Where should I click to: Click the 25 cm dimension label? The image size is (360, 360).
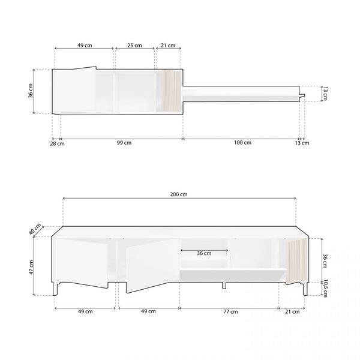pos(134,45)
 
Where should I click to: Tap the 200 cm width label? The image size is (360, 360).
pos(179,194)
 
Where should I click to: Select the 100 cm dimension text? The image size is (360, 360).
pos(242,142)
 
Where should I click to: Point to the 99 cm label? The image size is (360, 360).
pos(124,143)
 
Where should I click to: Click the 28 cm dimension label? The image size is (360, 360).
pos(58,144)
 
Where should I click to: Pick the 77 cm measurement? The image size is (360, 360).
pos(230,311)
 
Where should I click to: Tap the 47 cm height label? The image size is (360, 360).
pos(31,267)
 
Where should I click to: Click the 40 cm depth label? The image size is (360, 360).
pos(35,229)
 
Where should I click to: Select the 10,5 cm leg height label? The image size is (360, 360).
pos(325,289)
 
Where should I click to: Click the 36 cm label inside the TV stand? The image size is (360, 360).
pos(204,253)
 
